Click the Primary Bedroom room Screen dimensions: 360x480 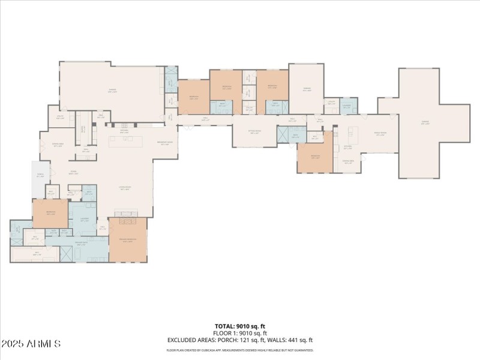pos(128,240)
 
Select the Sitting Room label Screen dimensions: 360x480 pos(254,133)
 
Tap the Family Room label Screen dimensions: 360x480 pos(380,134)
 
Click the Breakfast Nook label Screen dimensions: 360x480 pos(165,142)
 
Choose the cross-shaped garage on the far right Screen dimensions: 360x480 pos(425,123)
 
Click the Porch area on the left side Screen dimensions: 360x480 pos(40,176)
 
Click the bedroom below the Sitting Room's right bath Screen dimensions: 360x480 pos(315,157)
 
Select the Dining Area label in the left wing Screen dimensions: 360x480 pos(58,146)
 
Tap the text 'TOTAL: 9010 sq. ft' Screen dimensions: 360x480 pos(240,326)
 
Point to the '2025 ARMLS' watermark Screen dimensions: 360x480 pos(31,344)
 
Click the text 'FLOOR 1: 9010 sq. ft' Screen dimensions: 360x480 pos(240,333)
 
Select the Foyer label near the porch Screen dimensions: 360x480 pos(73,173)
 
